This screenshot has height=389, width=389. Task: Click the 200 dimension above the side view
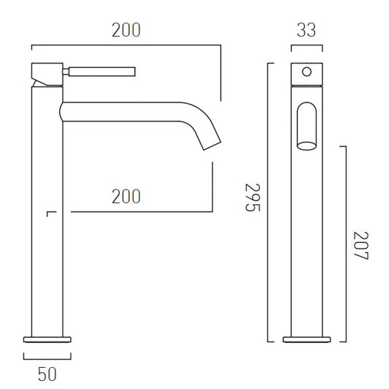point(126,30)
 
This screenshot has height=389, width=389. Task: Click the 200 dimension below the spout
point(126,197)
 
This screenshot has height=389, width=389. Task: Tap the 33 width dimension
point(307,30)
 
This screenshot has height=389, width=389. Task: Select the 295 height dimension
point(253,197)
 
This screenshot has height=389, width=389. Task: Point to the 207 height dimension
point(361,246)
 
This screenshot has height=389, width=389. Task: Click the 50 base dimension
point(47,374)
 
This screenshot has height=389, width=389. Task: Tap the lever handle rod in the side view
point(102,72)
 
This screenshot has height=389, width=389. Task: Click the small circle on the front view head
point(307,72)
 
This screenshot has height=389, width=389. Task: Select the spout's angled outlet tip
point(212,146)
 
